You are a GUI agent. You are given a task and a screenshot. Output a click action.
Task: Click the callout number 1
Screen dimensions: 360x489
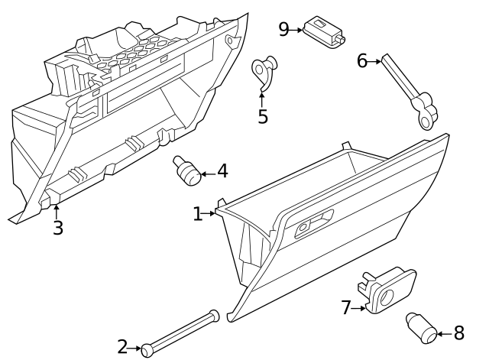tap(198, 214)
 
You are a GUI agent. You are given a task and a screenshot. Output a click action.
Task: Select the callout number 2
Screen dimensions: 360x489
tap(122, 347)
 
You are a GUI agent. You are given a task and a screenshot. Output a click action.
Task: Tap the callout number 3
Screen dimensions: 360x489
tap(57, 228)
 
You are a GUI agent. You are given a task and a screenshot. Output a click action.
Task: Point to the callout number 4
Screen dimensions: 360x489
tap(222, 171)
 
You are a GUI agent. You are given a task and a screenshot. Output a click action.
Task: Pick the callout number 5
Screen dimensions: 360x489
tap(263, 117)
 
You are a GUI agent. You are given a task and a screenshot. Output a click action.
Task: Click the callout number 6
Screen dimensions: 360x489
tap(362, 61)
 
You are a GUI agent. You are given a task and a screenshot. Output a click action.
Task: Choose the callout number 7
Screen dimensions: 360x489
tap(346, 307)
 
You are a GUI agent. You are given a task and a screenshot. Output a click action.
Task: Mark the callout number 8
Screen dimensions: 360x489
tap(458, 333)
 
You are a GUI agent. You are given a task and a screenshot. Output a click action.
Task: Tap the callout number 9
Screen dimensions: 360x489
tap(283, 29)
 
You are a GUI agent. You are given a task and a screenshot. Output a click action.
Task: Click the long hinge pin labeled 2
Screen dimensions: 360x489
tap(180, 331)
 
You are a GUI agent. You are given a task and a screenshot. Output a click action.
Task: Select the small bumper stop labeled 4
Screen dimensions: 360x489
tap(186, 170)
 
